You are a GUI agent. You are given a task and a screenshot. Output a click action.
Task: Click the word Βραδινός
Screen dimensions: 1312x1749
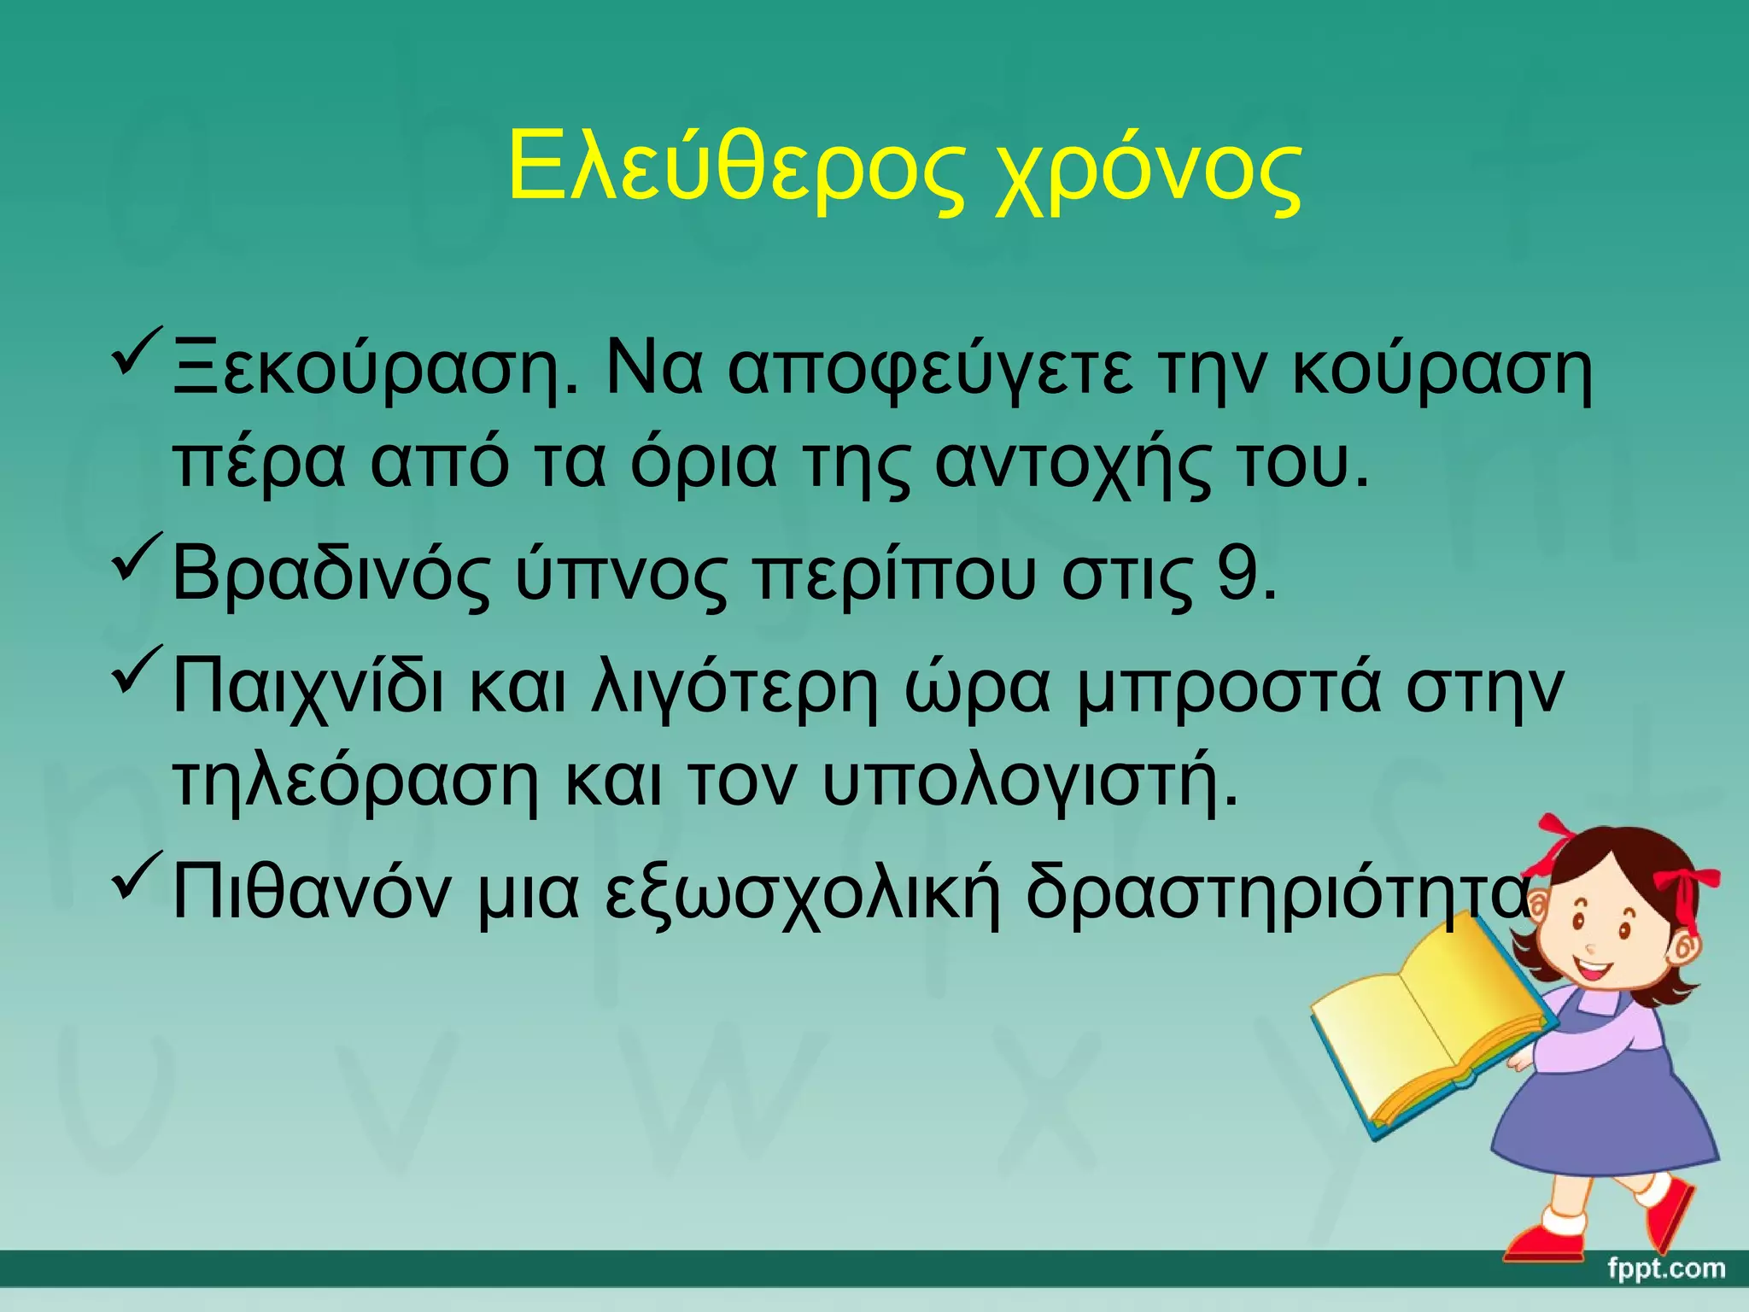tap(331, 577)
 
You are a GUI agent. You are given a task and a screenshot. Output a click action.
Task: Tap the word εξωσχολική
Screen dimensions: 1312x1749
tap(802, 893)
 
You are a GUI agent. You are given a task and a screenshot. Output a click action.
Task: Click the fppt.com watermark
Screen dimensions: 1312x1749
tap(1665, 1268)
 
